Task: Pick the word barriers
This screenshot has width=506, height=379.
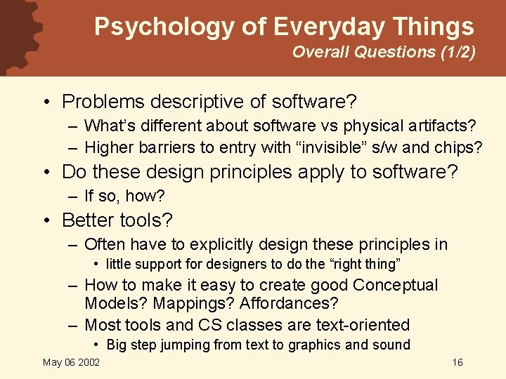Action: [162, 147]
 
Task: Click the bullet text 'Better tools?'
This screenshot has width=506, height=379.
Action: [117, 220]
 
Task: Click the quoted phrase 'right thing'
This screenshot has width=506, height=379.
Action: [365, 265]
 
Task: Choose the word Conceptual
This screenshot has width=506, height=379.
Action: [395, 285]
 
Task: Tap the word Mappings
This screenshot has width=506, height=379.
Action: [124, 304]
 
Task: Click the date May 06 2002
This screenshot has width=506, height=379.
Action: [71, 362]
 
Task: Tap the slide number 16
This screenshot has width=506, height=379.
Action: [458, 362]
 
